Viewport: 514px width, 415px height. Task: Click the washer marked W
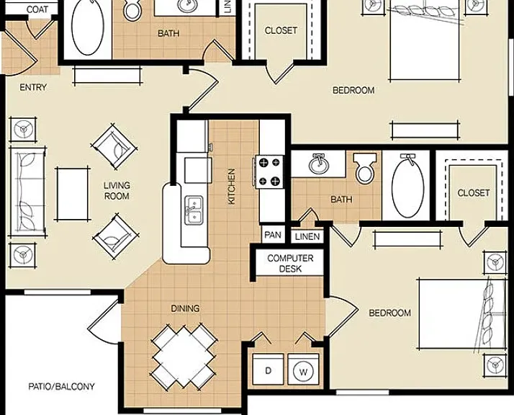click(303, 369)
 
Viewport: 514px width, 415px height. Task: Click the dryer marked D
click(268, 369)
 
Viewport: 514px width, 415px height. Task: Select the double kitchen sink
click(194, 210)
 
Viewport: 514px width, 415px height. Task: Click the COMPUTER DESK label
click(290, 264)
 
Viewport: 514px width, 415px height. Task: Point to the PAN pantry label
click(273, 235)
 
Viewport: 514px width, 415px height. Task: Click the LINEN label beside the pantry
click(307, 236)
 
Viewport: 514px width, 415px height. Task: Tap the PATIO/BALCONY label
click(61, 386)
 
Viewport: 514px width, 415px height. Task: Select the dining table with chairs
click(184, 356)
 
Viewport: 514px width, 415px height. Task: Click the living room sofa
click(28, 192)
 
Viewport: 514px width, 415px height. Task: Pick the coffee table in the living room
click(73, 194)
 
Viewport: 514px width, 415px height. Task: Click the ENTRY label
click(33, 87)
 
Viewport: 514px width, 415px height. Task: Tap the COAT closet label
click(37, 9)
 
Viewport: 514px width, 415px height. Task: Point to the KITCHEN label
click(231, 187)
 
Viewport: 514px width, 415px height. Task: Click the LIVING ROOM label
click(117, 191)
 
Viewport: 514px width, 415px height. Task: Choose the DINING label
click(185, 308)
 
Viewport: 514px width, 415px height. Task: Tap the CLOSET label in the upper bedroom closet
click(281, 30)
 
